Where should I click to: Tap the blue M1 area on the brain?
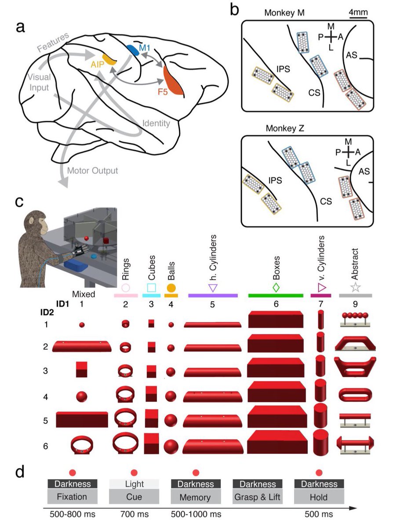click(132, 50)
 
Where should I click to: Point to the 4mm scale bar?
click(359, 18)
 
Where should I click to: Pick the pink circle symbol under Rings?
click(125, 288)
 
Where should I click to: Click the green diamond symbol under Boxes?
click(276, 288)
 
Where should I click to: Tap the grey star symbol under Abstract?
click(356, 288)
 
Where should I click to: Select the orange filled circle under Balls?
click(171, 288)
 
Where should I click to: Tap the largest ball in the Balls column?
click(171, 447)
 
